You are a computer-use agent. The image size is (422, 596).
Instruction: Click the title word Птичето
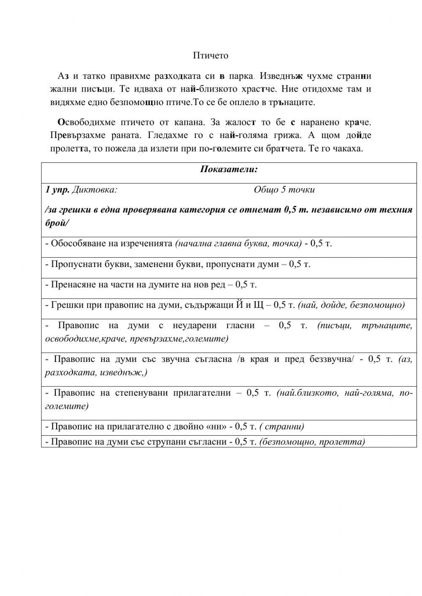pyautogui.click(x=211, y=56)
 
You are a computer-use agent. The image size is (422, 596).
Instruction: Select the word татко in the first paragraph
pyautogui.click(x=94, y=76)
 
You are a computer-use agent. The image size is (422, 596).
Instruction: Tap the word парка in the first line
pyautogui.click(x=241, y=76)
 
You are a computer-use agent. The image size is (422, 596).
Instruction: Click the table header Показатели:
pyautogui.click(x=229, y=170)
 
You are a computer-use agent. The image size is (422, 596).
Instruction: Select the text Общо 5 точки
pyautogui.click(x=284, y=190)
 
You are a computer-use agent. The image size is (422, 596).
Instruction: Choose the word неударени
pyautogui.click(x=193, y=325)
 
